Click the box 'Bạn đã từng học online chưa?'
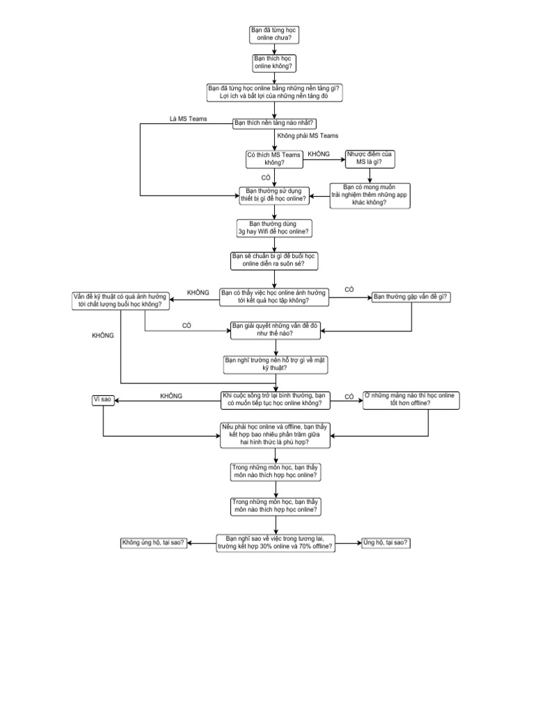click(x=275, y=35)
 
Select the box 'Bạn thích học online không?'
click(x=275, y=62)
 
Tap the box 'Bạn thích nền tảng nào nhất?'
click(x=274, y=123)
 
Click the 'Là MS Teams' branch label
click(x=188, y=119)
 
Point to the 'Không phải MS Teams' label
click(x=307, y=136)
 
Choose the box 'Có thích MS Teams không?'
click(x=274, y=158)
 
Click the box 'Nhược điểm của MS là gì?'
click(x=370, y=158)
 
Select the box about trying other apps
click(x=370, y=195)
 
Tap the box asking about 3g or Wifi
click(x=274, y=227)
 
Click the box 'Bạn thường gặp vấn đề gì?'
click(x=411, y=297)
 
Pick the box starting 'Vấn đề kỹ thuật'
click(x=121, y=300)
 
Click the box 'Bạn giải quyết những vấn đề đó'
click(x=275, y=329)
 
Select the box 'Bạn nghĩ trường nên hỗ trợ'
click(x=275, y=364)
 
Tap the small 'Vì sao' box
click(x=102, y=399)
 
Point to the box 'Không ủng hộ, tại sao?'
click(x=153, y=543)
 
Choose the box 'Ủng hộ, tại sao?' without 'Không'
click(x=386, y=543)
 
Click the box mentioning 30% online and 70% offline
click(x=275, y=543)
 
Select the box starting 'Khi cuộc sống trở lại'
click(x=275, y=399)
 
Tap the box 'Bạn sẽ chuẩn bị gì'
click(x=275, y=261)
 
